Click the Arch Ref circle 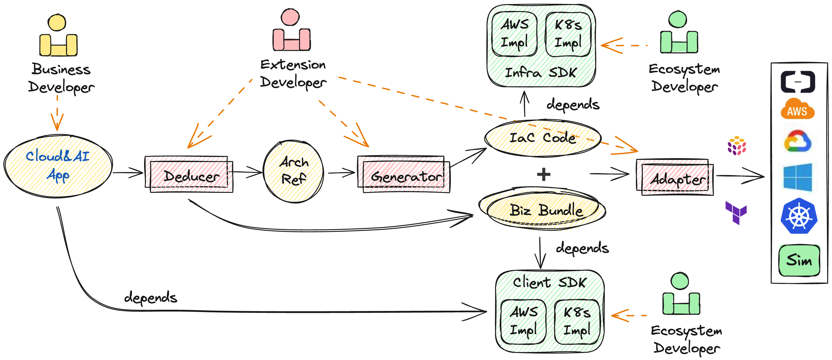click(293, 171)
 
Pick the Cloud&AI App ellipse click(58, 166)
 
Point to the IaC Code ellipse click(543, 138)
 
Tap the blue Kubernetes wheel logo click(799, 216)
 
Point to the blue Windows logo click(798, 177)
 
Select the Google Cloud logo click(797, 141)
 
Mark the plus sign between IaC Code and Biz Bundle click(544, 174)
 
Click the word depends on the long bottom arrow click(151, 297)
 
